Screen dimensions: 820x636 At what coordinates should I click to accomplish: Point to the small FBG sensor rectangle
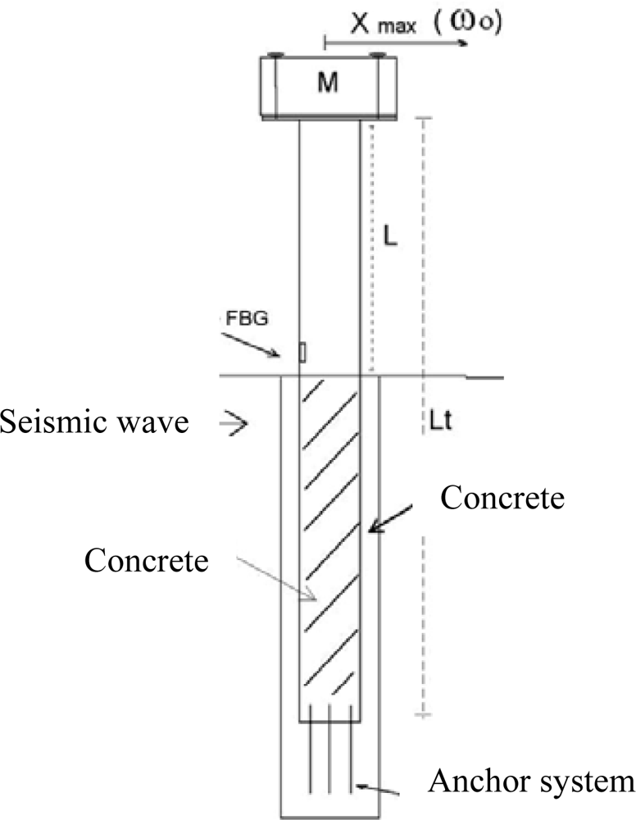[x=302, y=353]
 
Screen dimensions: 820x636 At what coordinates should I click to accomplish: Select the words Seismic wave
[x=95, y=422]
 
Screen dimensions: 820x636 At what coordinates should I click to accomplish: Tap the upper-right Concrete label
[x=502, y=497]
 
